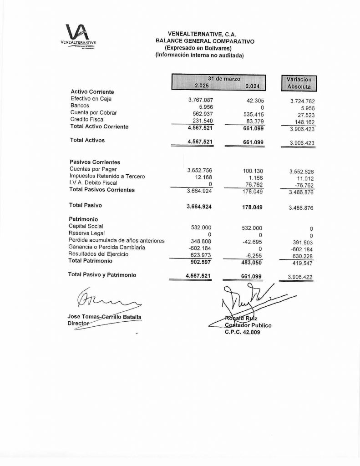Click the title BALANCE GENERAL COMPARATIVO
(205, 41)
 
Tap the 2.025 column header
(202, 86)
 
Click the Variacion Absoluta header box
(299, 82)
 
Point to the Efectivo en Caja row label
(91, 98)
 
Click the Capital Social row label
(86, 226)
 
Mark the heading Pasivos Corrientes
(94, 162)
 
